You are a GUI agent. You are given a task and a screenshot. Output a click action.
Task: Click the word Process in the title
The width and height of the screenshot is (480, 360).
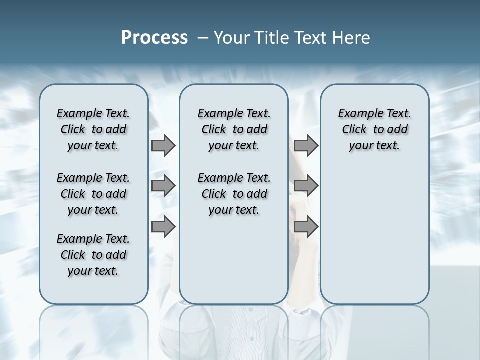coord(154,38)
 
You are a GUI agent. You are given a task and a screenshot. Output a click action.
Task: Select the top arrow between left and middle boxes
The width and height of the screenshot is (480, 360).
coord(163,146)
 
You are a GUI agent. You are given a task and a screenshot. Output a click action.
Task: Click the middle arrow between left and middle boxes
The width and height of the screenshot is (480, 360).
coord(163,186)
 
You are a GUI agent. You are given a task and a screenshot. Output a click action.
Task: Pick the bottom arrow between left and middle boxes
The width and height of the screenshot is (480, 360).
coord(163,227)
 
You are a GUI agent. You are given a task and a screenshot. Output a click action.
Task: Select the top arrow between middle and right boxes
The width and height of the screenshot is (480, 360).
coord(306,146)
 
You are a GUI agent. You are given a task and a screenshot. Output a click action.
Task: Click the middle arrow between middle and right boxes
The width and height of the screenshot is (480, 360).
coord(306,186)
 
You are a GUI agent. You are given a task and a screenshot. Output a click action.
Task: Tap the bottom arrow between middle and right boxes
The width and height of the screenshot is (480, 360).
coord(306,227)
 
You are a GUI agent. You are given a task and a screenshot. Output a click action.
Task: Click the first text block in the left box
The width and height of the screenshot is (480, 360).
coord(93,129)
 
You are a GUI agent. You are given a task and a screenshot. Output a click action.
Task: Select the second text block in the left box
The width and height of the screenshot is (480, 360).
coord(93,194)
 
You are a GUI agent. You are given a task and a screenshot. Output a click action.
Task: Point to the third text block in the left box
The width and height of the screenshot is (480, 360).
coord(93,255)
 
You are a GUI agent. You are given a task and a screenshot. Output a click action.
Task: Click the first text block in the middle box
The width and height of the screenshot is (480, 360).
coord(234,129)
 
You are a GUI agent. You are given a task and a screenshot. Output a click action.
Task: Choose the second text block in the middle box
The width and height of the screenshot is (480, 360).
coord(234,194)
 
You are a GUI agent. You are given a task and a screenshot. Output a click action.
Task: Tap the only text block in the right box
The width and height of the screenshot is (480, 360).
coord(374,129)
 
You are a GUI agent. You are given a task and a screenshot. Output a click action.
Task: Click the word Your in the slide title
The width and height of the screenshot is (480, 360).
coord(231,38)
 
